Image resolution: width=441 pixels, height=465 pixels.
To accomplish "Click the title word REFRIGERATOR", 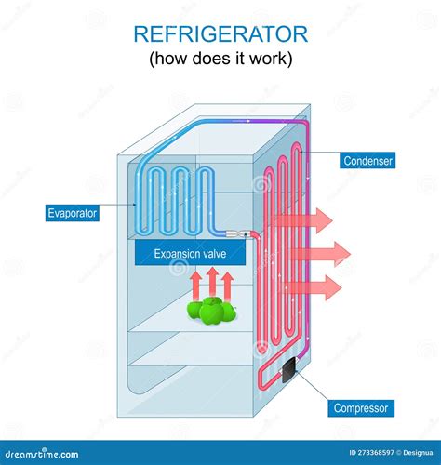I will (x=220, y=34).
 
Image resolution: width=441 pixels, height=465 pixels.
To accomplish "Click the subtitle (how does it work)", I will (x=220, y=60).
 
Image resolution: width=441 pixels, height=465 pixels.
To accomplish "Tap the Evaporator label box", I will (x=72, y=213).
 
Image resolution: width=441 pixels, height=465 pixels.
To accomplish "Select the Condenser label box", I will (x=367, y=161).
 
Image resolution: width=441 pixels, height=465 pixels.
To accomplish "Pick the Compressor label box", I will (x=363, y=408).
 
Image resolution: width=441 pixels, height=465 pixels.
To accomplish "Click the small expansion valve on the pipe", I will (x=237, y=233).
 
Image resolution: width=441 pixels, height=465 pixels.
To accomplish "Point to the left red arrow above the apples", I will (x=195, y=284).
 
